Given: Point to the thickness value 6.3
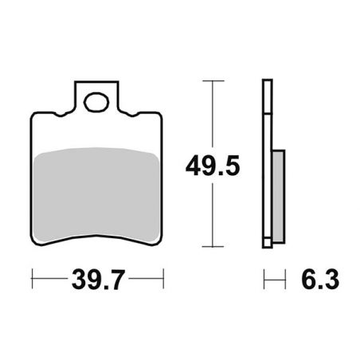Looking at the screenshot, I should pos(314,282).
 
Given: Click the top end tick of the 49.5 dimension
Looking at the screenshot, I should pos(212,80).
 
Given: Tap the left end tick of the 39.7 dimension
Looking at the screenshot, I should pos(31,281).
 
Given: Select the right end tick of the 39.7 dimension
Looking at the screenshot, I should pos(163,281).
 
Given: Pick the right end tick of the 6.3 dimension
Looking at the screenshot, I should pos(284,281).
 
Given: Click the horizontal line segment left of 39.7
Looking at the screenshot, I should pos(48,281).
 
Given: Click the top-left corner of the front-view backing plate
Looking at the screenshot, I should pos(34,110).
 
